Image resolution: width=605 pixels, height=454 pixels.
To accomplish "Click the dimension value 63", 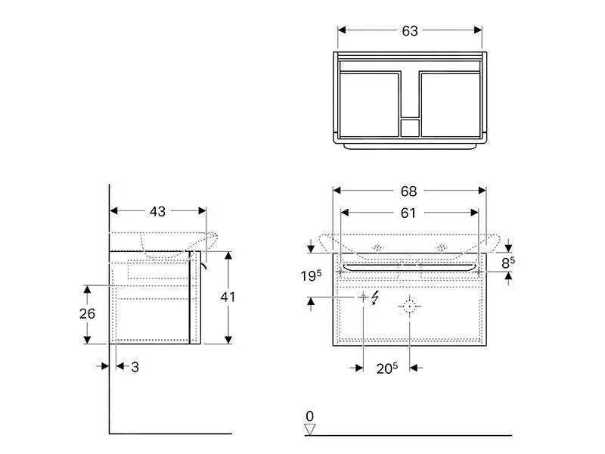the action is [409, 31].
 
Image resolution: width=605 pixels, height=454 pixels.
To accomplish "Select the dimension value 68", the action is [408, 191].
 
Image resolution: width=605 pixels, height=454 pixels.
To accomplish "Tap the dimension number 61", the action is [408, 213].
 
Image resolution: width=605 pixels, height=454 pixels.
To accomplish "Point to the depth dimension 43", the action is [157, 212].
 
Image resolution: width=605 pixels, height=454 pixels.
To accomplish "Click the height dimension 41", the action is [228, 297].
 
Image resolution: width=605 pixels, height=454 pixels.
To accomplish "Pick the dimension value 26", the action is [87, 313].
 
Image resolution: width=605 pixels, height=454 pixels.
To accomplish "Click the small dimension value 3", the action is [135, 367].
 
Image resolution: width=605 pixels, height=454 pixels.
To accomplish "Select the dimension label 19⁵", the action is [311, 275].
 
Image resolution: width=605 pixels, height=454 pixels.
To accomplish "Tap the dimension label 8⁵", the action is [507, 263].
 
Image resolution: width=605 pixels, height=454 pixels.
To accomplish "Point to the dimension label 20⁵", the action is [387, 368].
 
